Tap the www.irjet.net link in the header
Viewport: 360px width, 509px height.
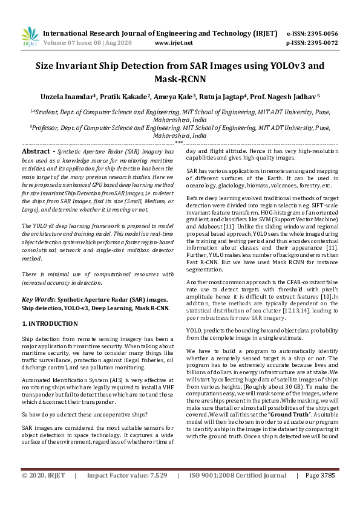pyautogui.click(x=174, y=43)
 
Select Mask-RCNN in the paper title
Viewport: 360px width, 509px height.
pyautogui.click(x=180, y=79)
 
